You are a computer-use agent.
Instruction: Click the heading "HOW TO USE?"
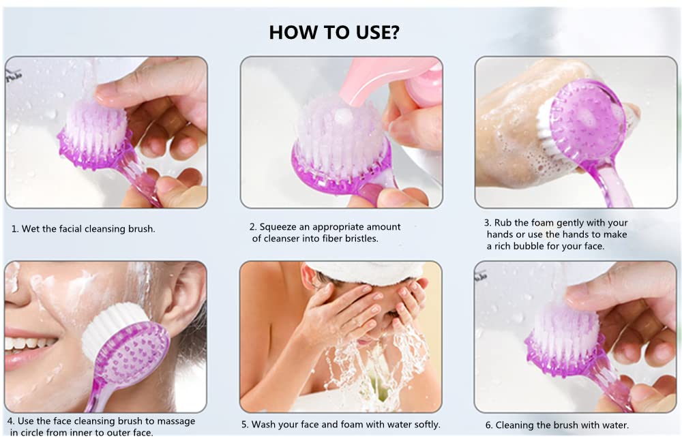pos(333,32)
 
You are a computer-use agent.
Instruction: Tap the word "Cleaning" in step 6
pos(516,425)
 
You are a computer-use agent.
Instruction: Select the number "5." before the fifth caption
pos(245,425)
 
